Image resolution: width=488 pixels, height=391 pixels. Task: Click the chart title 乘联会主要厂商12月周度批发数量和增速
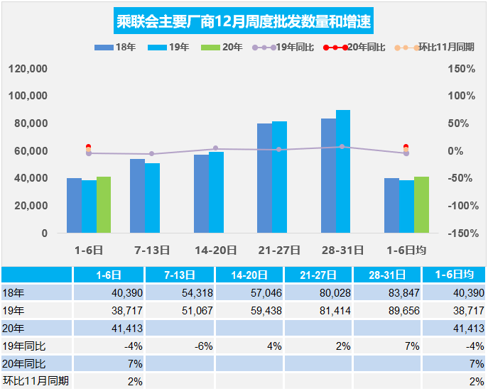(244, 21)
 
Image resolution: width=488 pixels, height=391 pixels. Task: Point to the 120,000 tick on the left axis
(28, 69)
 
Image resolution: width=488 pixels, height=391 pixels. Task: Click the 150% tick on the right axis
(462, 69)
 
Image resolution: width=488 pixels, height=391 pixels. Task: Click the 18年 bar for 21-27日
(264, 178)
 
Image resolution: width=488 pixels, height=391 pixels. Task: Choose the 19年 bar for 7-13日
(152, 198)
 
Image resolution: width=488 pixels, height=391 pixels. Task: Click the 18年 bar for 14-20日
(201, 194)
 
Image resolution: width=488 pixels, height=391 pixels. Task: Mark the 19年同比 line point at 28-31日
(342, 147)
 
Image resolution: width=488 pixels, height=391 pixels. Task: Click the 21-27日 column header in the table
(318, 275)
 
